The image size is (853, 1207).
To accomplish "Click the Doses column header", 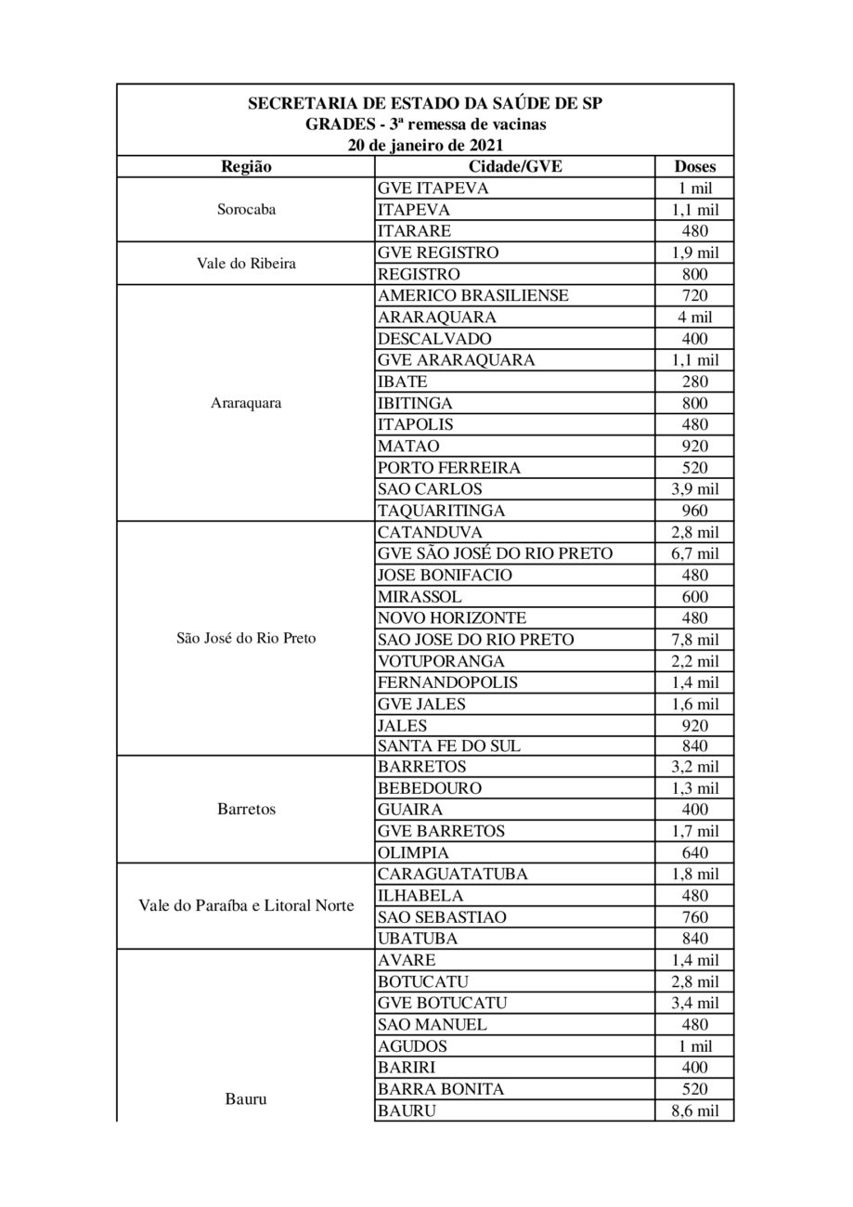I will point(693,167).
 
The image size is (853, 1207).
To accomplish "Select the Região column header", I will point(246,167).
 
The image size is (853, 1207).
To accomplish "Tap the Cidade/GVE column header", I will point(515,167).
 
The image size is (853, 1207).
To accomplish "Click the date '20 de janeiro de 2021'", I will point(425,145).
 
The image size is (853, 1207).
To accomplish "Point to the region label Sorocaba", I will point(246,210).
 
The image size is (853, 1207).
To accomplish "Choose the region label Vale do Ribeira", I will point(246,264).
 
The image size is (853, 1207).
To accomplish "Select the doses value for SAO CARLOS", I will point(693,489).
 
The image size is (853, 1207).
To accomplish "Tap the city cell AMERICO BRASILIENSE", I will point(473,296).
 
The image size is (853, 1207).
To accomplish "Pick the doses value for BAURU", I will point(693,1110).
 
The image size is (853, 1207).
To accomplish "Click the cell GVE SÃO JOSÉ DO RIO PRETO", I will point(496,553).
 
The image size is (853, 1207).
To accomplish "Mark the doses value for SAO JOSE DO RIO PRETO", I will point(693,640).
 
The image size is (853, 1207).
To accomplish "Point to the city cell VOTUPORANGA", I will point(442,661).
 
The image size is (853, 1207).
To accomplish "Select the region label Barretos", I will point(246,810).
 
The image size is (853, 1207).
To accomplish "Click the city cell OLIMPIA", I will point(414,852).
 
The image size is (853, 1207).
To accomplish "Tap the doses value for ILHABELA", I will point(693,896).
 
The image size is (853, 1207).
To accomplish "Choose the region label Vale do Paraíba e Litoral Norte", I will point(246,906).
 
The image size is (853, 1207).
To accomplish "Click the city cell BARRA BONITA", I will point(441,1089).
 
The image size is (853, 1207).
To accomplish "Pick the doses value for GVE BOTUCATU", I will point(693,1004).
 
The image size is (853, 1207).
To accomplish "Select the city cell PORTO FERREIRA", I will point(449,468).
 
